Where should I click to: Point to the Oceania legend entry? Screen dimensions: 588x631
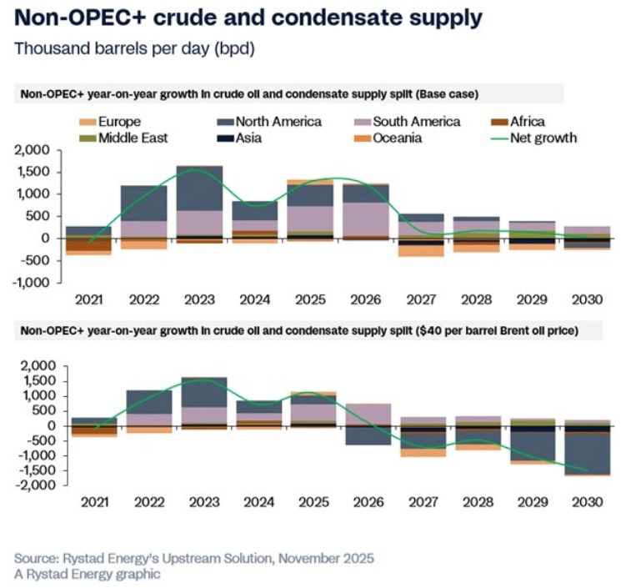tap(384, 138)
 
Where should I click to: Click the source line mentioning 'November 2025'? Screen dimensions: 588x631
tap(194, 557)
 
